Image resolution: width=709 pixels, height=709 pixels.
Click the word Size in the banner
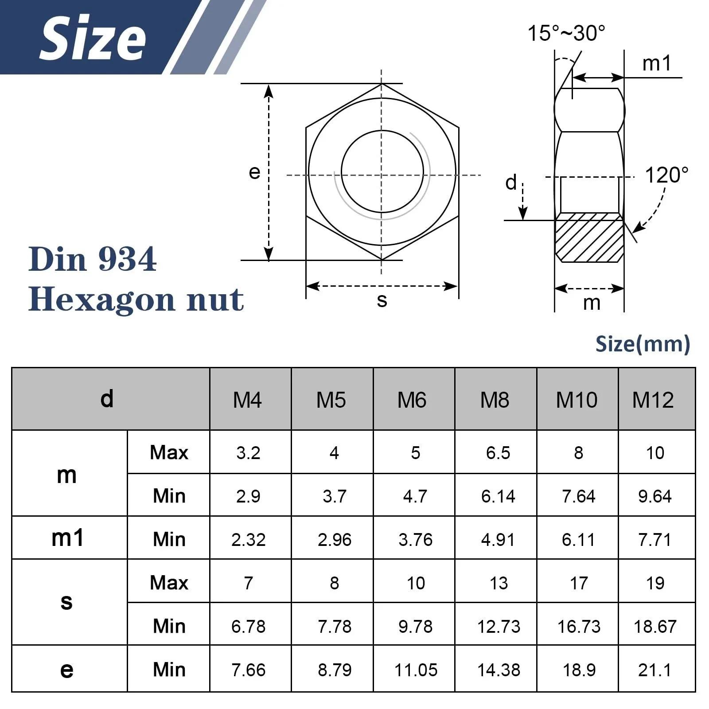point(93,38)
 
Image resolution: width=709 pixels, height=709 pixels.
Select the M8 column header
point(495,400)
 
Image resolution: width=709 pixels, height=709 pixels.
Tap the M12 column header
point(653,400)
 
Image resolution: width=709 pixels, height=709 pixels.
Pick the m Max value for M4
point(248,453)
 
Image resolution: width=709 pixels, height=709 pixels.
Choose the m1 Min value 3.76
point(415,540)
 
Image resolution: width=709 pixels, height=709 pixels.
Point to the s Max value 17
point(579,583)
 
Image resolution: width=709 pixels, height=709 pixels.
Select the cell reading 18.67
point(655,627)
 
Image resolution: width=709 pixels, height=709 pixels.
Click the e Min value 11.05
point(416,670)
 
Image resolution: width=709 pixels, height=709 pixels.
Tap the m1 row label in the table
point(67,538)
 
